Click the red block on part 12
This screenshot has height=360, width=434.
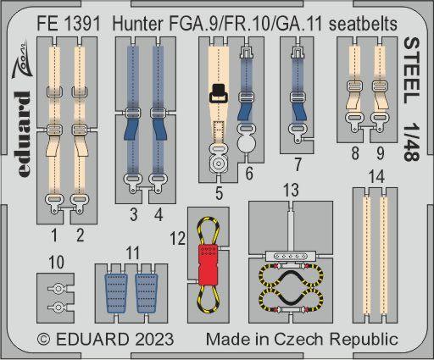pos(209,264)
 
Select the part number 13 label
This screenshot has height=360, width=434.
pos(291,190)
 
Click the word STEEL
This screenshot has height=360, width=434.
pos(411,70)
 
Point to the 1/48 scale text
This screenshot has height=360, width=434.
pos(411,142)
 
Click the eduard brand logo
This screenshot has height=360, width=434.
pos(22,134)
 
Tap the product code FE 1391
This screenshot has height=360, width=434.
pos(69,24)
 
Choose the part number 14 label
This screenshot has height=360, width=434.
pos(376,177)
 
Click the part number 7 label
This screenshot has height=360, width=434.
pos(298,164)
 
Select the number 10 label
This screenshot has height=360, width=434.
pos(56,263)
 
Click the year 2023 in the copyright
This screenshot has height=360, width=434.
pos(153,339)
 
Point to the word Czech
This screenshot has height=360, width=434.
pos(298,339)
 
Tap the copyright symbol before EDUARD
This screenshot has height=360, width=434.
pos(44,339)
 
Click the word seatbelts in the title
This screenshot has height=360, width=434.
pos(363,24)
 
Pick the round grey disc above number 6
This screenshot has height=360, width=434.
pos(247,143)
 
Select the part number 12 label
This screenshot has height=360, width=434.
pos(177,239)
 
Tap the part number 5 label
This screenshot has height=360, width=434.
pos(219,193)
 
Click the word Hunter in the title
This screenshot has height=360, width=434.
pos(137,24)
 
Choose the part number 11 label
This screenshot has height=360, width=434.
pos(132,252)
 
